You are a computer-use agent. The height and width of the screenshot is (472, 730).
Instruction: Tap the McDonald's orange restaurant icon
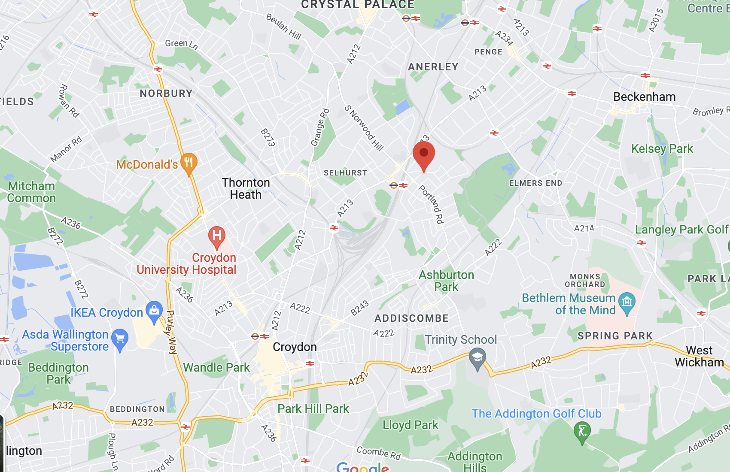(189, 163)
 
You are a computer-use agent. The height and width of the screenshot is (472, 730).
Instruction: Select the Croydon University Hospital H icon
(217, 236)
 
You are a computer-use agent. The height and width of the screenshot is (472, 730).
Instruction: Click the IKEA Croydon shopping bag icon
(154, 311)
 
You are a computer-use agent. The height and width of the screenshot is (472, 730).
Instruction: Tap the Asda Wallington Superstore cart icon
(120, 339)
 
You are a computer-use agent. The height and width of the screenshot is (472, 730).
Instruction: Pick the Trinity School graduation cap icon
(477, 358)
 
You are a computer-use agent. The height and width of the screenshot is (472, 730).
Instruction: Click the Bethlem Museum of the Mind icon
(627, 303)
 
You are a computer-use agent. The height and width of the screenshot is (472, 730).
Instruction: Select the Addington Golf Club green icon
(582, 431)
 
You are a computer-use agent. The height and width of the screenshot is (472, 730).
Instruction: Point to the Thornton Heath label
(246, 189)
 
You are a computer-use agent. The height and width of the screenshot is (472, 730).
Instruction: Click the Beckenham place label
(644, 97)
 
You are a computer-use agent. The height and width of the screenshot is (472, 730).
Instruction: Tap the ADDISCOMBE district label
(411, 318)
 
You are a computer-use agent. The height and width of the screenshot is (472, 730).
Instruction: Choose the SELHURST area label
(345, 173)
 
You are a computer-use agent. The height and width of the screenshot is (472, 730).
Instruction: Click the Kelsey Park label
(662, 149)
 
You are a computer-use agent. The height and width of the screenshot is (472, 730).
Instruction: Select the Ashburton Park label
(446, 281)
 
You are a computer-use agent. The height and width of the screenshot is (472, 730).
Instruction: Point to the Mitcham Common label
(32, 192)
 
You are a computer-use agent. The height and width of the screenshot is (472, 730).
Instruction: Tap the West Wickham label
(699, 357)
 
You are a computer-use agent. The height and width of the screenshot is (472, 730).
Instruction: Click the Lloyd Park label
(410, 425)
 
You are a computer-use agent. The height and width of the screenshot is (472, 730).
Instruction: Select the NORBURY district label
(166, 94)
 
